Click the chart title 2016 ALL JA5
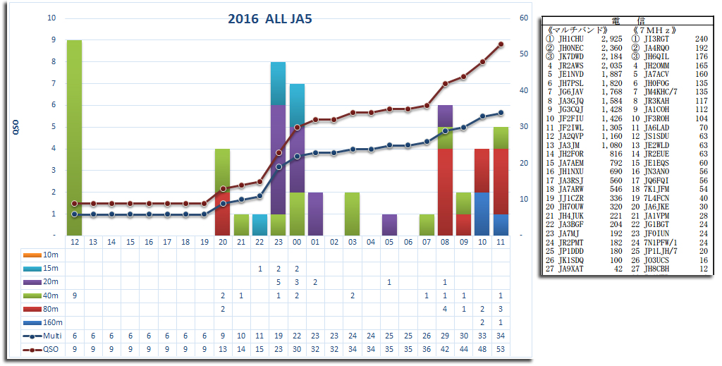(270, 19)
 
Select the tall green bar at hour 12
(74, 138)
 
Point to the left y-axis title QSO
(16, 127)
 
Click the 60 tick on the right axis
(523, 18)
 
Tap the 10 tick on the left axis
(51, 18)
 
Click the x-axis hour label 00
(297, 242)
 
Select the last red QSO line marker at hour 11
(501, 44)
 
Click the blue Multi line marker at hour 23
(279, 167)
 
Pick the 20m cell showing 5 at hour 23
(279, 281)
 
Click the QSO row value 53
(501, 348)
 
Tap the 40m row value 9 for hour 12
(74, 295)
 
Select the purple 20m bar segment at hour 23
(279, 159)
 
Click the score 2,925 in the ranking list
(611, 39)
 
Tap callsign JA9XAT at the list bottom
(571, 268)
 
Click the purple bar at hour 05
(389, 224)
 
